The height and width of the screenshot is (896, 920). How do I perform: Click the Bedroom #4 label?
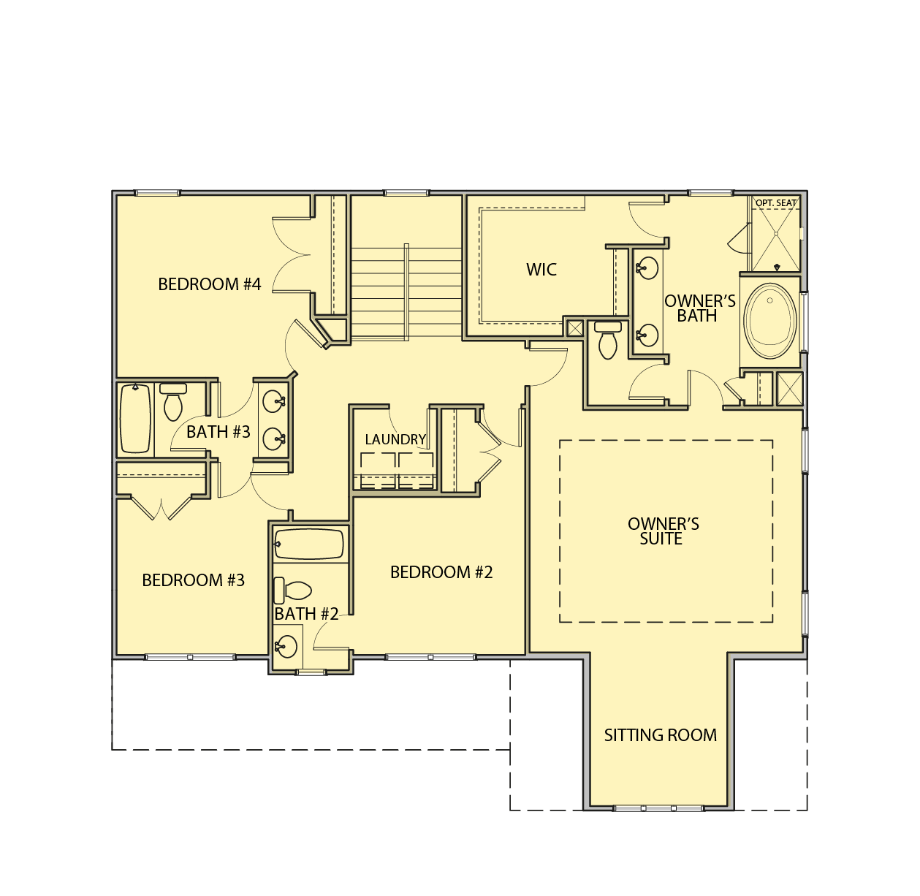(x=210, y=284)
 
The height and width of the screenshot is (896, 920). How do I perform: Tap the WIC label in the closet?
(x=541, y=270)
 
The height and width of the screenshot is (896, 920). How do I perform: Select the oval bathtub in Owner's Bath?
(x=770, y=321)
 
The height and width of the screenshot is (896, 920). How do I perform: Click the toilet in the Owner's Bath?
(x=607, y=340)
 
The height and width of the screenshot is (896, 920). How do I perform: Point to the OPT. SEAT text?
(x=776, y=203)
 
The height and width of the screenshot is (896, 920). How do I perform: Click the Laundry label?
(x=395, y=439)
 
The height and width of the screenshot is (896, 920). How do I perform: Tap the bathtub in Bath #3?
(x=136, y=419)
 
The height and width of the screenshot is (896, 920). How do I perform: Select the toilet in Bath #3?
(x=173, y=402)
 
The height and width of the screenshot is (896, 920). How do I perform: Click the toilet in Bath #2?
(x=292, y=591)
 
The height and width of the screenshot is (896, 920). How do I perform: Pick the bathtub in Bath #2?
(x=309, y=544)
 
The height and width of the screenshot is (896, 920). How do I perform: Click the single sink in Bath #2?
(x=286, y=645)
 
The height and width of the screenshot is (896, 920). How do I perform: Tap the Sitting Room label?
(x=660, y=734)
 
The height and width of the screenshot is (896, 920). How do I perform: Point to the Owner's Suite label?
(x=663, y=531)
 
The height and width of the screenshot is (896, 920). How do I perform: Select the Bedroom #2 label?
(x=441, y=572)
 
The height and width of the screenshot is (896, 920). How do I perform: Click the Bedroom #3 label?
(x=194, y=580)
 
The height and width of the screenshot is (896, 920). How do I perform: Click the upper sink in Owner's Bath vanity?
(x=647, y=268)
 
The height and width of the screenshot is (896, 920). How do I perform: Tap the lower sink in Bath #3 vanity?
(x=274, y=438)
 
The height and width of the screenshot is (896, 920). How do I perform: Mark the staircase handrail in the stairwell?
(x=406, y=292)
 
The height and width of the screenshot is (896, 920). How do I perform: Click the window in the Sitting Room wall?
(x=659, y=808)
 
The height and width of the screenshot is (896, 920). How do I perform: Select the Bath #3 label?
(x=218, y=432)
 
